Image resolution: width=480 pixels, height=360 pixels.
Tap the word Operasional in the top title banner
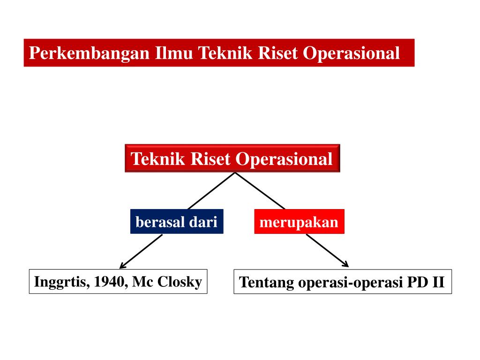pyautogui.click(x=352, y=52)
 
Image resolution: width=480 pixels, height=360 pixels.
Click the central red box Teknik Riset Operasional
pyautogui.click(x=232, y=158)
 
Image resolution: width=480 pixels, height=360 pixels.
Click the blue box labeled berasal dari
pyautogui.click(x=176, y=222)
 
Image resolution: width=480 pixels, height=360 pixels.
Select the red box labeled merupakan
pyautogui.click(x=299, y=222)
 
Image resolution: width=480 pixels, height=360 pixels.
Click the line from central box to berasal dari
pyautogui.click(x=211, y=191)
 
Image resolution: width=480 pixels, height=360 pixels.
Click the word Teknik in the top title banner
pyautogui.click(x=226, y=52)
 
